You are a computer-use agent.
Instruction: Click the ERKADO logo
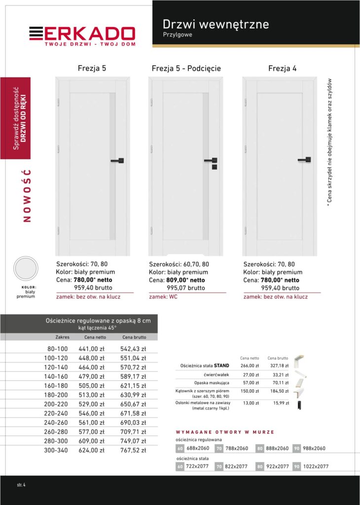tap(82, 35)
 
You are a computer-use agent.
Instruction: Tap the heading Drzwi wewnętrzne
tap(216, 24)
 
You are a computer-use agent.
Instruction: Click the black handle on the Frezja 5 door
tap(118, 160)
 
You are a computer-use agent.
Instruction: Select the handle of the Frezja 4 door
tap(305, 159)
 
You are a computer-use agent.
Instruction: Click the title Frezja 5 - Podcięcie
tap(186, 69)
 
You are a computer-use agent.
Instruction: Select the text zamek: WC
tap(163, 297)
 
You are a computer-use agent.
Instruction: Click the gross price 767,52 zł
tap(133, 450)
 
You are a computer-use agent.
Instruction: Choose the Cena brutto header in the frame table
tap(134, 337)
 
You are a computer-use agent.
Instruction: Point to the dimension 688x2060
tap(198, 448)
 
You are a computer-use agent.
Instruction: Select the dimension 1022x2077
tap(315, 467)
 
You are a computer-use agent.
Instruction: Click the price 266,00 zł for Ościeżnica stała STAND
tap(250, 366)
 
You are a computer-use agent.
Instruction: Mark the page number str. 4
tap(21, 485)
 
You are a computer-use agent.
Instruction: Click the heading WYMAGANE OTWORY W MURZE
tap(225, 432)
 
